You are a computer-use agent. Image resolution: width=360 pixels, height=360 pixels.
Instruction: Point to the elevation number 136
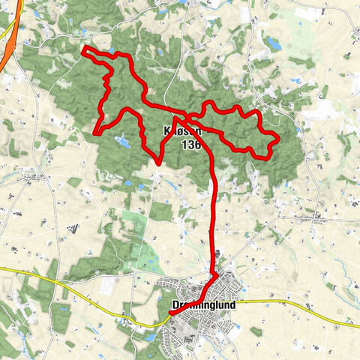coord(190,145)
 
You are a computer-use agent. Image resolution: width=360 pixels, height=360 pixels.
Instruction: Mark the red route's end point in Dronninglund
coord(170,315)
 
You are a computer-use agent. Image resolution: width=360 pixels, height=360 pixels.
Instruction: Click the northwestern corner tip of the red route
coord(84,49)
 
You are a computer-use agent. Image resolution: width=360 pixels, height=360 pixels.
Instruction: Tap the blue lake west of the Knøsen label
coord(120,139)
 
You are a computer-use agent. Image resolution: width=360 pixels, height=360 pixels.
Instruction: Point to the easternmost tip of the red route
coord(278,138)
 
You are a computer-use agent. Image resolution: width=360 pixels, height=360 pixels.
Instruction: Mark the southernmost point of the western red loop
coord(159,162)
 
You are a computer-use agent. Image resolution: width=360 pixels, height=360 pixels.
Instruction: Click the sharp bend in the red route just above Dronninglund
coord(217,275)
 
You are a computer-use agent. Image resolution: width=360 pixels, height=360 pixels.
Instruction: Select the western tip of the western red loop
coord(94,133)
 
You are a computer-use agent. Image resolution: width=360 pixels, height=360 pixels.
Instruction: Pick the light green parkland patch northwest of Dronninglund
coord(135,225)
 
